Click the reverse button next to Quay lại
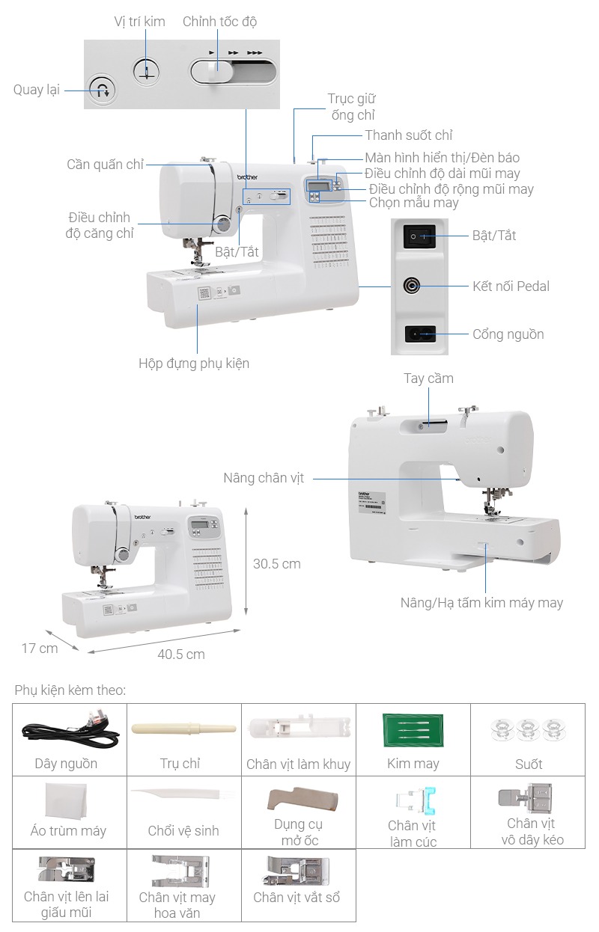103,91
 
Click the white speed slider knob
213,72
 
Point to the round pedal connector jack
413,286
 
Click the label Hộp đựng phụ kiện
194,364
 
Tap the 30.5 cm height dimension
276,563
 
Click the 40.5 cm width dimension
181,654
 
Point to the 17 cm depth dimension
39,648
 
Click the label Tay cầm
428,378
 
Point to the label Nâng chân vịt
264,477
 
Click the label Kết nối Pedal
511,286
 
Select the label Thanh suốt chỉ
409,135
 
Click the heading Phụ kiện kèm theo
70,690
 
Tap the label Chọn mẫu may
414,203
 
